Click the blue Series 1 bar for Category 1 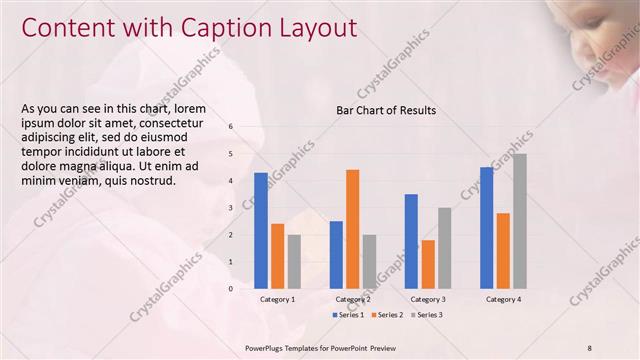tap(261, 231)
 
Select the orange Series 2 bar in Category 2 tap(352, 229)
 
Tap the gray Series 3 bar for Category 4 tap(519, 221)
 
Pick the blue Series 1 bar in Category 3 tap(411, 241)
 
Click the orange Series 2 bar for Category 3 tap(428, 264)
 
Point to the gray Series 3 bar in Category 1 tap(294, 261)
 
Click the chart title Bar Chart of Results tap(385, 110)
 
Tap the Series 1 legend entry tap(346, 315)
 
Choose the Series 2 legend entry tap(387, 315)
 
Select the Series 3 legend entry tap(427, 315)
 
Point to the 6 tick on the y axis tap(231, 127)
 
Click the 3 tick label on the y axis tap(231, 208)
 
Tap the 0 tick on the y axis tap(231, 289)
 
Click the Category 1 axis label tap(277, 299)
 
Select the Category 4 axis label tap(503, 299)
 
